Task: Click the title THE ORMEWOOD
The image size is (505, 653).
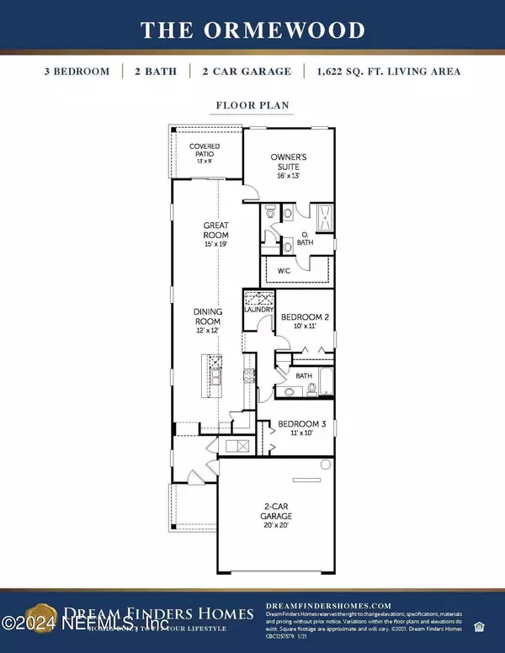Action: click(x=252, y=30)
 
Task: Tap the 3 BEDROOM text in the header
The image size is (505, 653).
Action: click(x=77, y=72)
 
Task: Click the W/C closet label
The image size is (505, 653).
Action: click(x=283, y=270)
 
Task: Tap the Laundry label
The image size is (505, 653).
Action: click(x=259, y=310)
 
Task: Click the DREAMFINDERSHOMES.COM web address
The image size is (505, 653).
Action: click(x=329, y=605)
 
